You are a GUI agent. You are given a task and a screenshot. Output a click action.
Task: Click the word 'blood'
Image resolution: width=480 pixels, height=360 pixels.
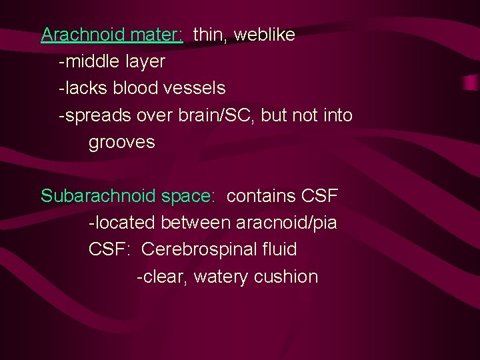click(x=135, y=88)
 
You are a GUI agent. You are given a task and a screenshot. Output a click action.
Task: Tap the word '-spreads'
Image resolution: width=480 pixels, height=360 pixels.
click(x=95, y=116)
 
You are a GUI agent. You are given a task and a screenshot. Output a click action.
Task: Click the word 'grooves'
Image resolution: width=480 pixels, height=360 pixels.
click(x=122, y=143)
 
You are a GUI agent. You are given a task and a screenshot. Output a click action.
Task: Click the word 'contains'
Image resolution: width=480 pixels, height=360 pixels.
click(x=261, y=197)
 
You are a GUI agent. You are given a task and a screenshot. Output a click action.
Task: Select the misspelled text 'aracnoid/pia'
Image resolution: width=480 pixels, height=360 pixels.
click(x=285, y=223)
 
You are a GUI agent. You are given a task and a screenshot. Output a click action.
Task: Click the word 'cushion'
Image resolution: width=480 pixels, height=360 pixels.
click(x=287, y=277)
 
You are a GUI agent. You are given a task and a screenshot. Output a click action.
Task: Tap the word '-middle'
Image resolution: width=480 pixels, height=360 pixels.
click(x=87, y=62)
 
